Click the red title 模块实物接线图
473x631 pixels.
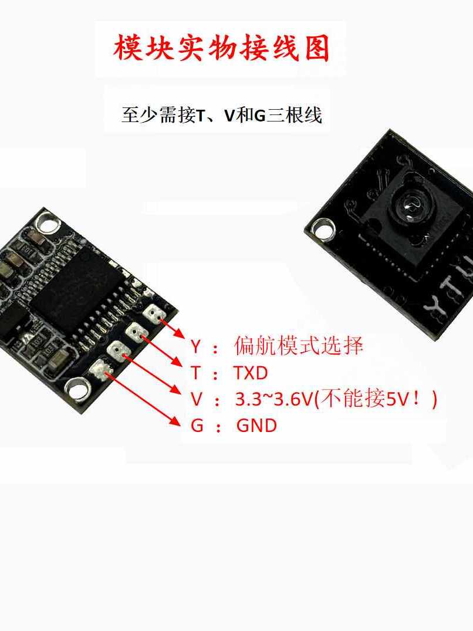tap(222, 48)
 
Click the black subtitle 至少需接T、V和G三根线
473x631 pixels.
tap(222, 114)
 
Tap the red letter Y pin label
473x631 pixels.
tap(195, 346)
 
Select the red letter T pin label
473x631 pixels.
tap(196, 373)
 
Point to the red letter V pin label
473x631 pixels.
tap(196, 400)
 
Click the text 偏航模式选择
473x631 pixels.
tap(299, 346)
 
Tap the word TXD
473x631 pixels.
tap(250, 373)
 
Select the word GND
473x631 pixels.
tap(256, 426)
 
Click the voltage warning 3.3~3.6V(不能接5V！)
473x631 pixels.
tap(336, 399)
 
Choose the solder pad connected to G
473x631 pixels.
tap(99, 369)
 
